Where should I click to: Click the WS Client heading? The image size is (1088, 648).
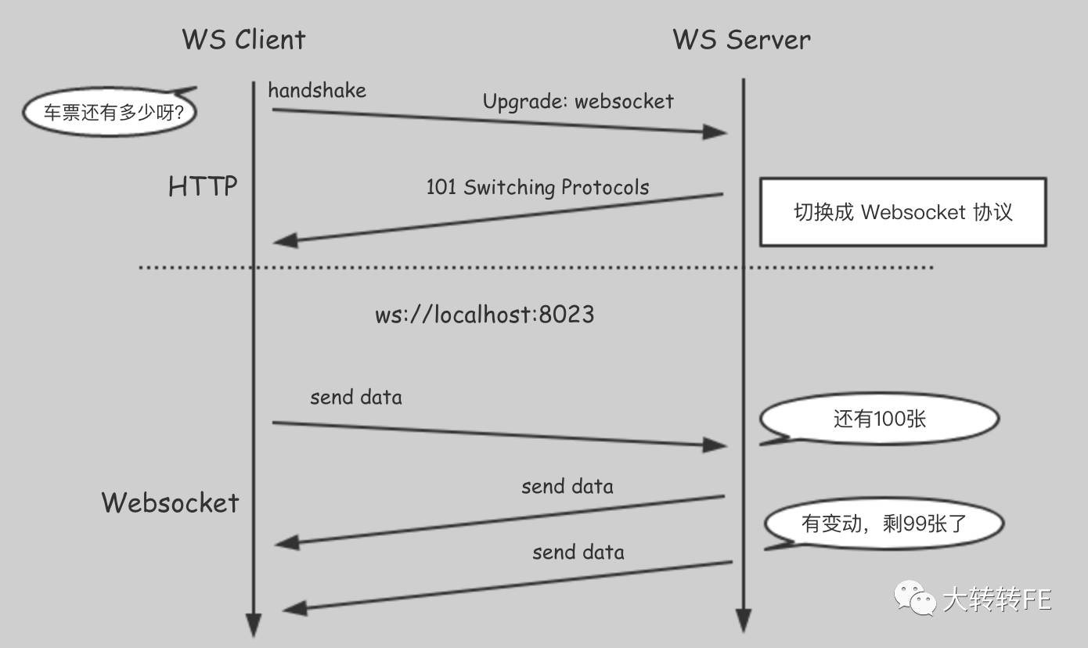coord(243,39)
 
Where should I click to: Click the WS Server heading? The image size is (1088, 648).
coord(741,39)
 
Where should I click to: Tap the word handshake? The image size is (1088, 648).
coord(317,91)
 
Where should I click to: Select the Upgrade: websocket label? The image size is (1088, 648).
coord(578,102)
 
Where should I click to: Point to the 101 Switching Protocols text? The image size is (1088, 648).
coord(537,188)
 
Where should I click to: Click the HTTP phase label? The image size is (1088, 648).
coord(203,187)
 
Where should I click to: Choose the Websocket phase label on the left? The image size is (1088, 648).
coord(170,502)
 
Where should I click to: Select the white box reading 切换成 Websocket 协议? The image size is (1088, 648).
coord(902,212)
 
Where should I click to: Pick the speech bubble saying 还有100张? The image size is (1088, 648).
coord(879,419)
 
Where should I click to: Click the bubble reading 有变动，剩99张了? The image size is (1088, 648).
coord(884,524)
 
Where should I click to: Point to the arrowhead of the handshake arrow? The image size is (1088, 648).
coord(715,131)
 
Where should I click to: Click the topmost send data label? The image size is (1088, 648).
coord(356,398)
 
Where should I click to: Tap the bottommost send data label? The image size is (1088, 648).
coord(578,553)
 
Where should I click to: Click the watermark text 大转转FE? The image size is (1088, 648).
coord(996,600)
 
